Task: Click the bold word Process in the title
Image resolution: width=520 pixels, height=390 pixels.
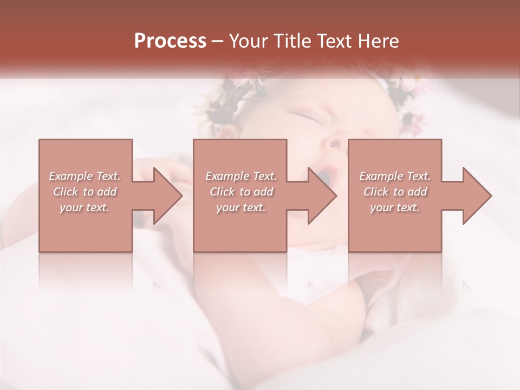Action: point(170,41)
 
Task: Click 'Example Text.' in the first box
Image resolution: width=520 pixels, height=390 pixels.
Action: point(84,176)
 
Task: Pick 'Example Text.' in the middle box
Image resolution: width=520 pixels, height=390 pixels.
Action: point(241,176)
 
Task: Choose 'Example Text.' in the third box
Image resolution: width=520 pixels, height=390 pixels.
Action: point(395,176)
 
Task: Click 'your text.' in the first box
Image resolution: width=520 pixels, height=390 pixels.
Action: point(84,207)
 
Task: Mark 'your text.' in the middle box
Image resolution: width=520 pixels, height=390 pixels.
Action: point(241,207)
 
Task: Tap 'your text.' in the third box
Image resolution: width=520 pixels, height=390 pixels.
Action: point(395,207)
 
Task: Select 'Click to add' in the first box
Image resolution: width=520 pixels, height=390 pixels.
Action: point(84,192)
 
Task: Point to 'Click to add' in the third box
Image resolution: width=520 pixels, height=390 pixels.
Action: point(395,192)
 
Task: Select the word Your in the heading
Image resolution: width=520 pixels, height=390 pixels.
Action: point(247,41)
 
